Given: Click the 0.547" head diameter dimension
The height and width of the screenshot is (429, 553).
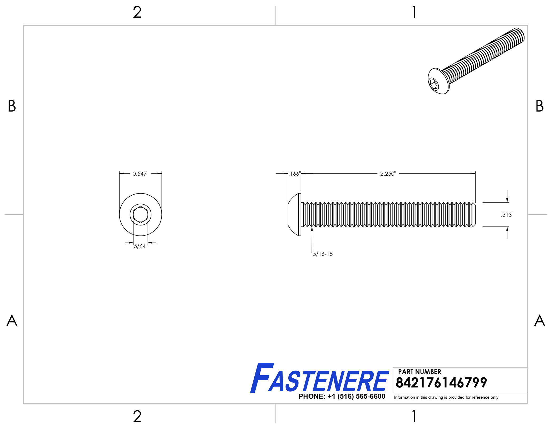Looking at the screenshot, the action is [x=140, y=174].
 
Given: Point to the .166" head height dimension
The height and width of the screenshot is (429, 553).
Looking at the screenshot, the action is [x=294, y=174].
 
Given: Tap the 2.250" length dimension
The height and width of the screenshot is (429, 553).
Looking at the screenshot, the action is [x=388, y=174].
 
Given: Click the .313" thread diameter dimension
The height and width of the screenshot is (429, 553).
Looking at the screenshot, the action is [x=507, y=215].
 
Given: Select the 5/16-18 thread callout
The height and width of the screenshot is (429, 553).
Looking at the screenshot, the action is [x=323, y=254].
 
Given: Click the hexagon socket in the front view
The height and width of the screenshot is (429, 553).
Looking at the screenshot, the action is [x=141, y=215].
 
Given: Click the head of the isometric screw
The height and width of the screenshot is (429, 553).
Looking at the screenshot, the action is [x=438, y=81].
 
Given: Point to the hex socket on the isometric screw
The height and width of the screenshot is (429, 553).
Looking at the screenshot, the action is [x=433, y=84].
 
